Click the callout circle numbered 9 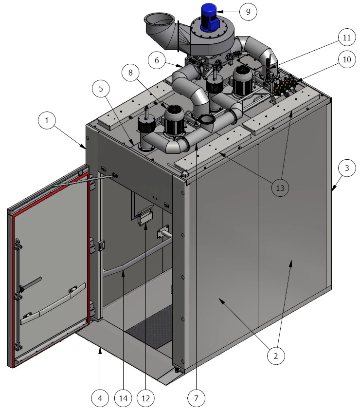click(248, 12)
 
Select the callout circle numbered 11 click(346, 38)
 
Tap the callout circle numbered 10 click(346, 59)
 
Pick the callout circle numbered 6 click(157, 60)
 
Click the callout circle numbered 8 click(130, 73)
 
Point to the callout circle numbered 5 click(101, 89)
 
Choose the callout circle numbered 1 click(47, 120)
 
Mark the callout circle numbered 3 click(347, 168)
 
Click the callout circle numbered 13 click(280, 188)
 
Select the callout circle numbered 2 click(276, 356)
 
